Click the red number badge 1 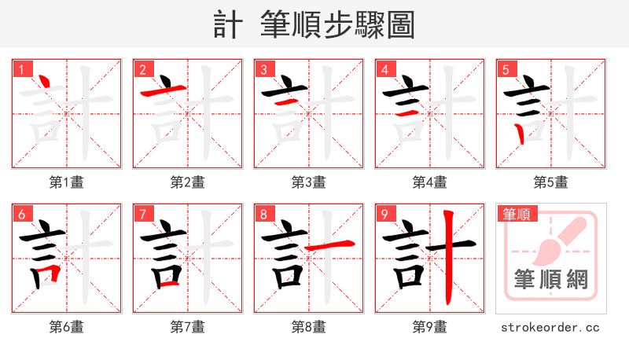tap(21, 69)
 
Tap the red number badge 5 tap(506, 69)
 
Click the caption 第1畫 tap(67, 182)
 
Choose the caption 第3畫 tap(309, 182)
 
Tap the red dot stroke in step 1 tap(45, 82)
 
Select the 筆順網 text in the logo tap(551, 280)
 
